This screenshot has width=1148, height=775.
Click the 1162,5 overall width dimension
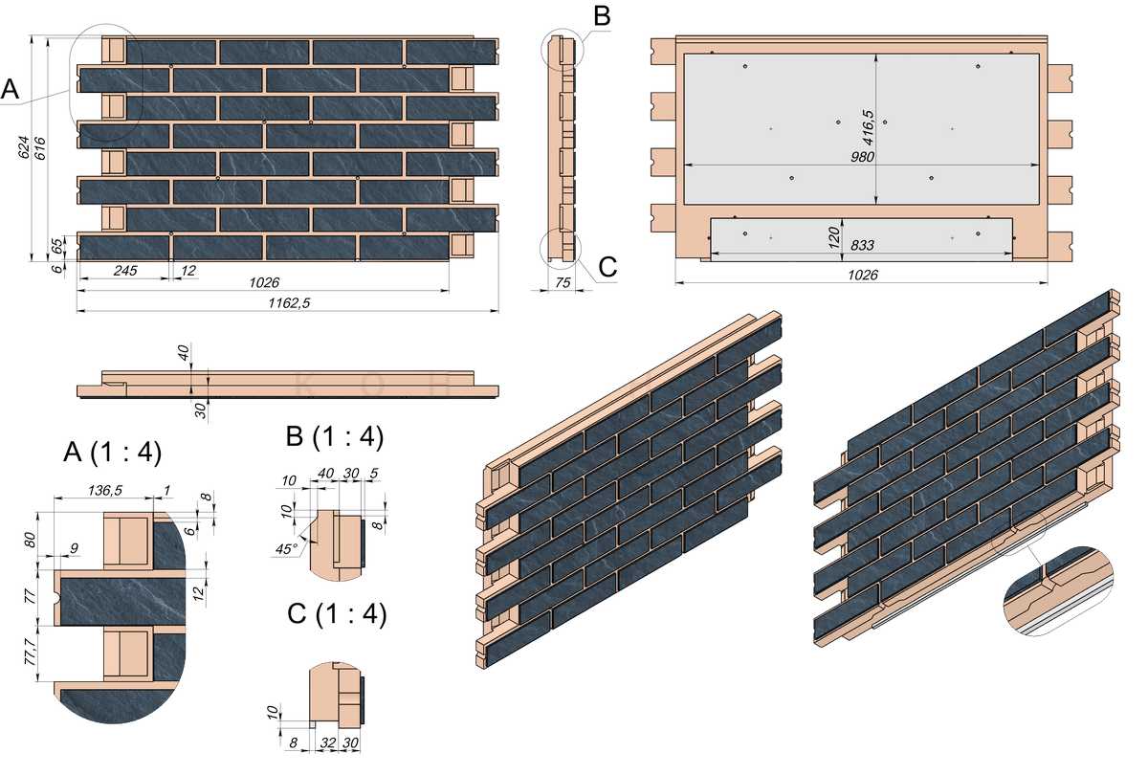coord(288,302)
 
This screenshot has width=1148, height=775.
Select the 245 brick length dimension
coord(124,271)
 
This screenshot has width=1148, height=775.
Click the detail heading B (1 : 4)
coord(335,437)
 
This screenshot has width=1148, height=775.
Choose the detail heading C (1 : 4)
coord(336,614)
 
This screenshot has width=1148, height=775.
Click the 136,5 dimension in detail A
coord(105,490)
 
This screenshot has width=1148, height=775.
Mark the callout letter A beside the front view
coord(11,89)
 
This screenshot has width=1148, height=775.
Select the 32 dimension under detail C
coord(326,742)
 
